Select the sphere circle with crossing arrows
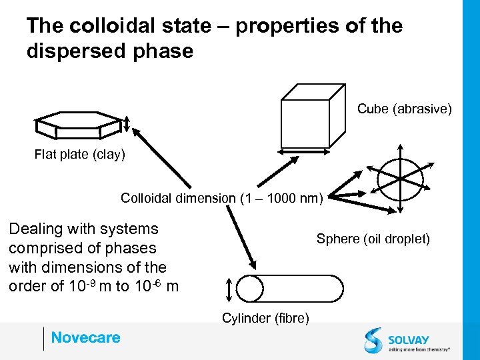[400, 178]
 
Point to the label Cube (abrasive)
[404, 108]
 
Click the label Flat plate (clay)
[79, 155]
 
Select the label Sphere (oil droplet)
[373, 239]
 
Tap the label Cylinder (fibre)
[265, 319]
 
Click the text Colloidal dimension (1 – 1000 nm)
[221, 198]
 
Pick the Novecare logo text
[85, 337]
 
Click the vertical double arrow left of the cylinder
[228, 289]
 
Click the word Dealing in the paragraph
[35, 229]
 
